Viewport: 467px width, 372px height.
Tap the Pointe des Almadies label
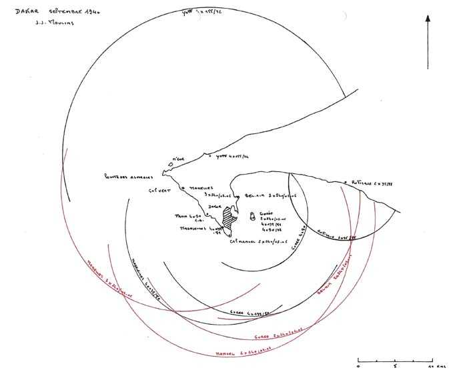coord(129,177)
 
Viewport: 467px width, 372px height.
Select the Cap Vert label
coord(160,190)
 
